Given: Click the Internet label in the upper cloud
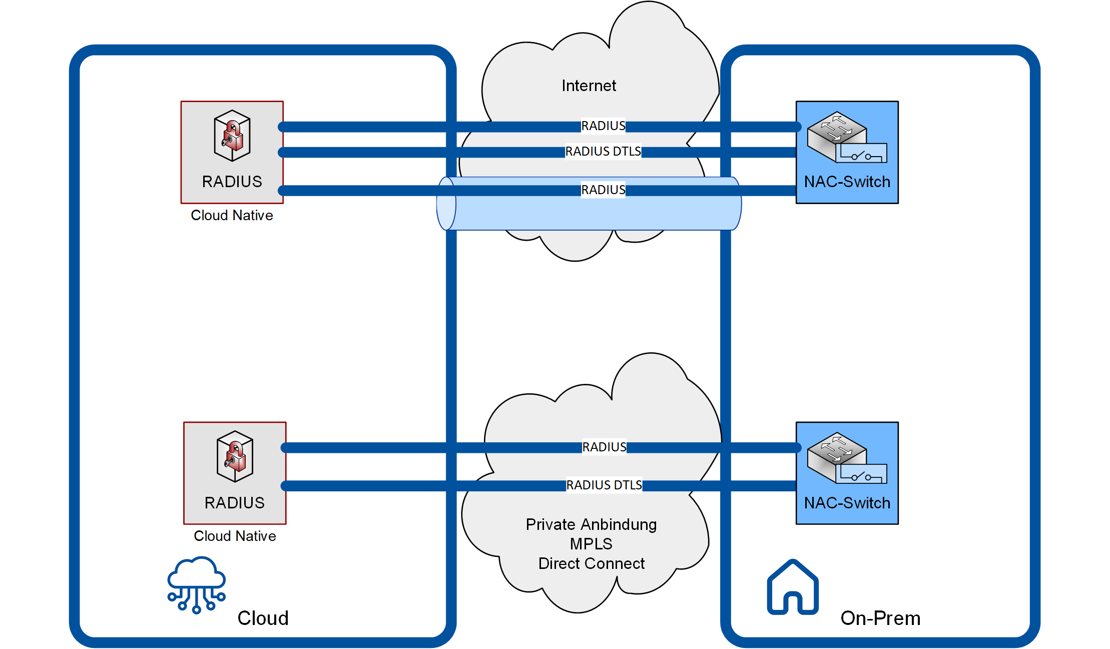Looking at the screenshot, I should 589,86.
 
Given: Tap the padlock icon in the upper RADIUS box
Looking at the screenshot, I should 232,136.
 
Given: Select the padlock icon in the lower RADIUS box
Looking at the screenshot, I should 235,456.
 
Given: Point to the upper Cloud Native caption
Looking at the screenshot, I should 232,215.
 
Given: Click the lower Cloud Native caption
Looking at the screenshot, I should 235,536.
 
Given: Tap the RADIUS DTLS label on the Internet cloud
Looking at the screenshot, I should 603,151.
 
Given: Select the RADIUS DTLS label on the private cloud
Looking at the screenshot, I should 604,485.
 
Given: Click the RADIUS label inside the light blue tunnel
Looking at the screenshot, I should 603,190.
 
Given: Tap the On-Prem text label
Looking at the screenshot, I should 880,618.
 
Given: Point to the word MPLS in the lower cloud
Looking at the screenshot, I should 591,544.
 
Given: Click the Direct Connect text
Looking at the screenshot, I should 591,563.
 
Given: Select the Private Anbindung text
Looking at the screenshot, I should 591,524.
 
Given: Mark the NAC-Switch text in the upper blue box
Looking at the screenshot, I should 847,182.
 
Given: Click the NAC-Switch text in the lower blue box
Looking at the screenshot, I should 847,503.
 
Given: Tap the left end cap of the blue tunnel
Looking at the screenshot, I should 446,204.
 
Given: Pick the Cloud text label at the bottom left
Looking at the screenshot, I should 263,618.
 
